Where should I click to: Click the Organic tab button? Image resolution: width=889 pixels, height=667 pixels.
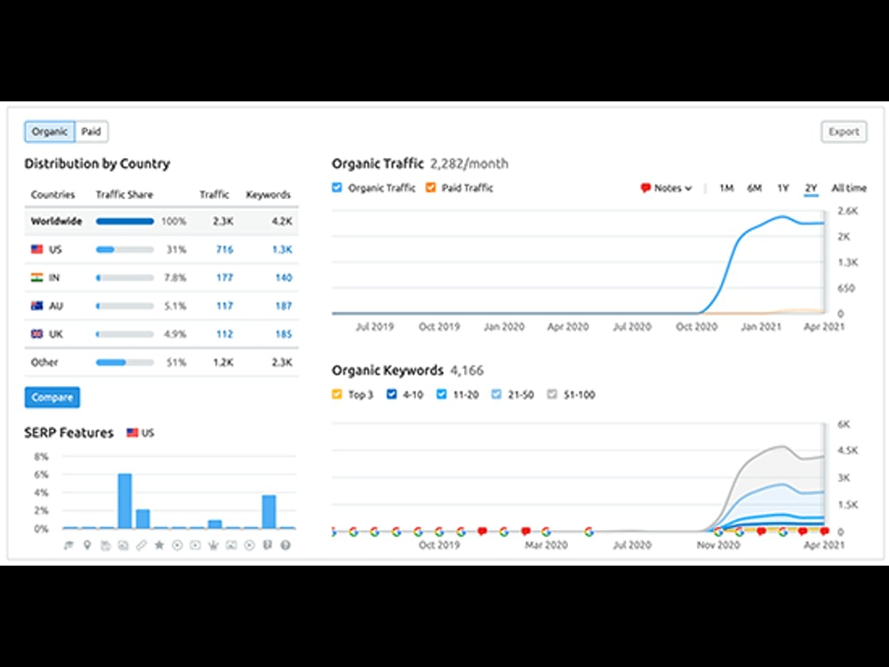click(50, 132)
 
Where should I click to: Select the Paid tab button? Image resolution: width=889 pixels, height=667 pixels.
click(92, 132)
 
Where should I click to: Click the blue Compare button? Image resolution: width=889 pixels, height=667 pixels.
click(52, 397)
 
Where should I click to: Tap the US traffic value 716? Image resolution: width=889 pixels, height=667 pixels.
click(225, 249)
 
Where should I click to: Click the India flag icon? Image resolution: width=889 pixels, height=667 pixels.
click(36, 277)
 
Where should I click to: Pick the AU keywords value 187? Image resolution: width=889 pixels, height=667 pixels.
click(284, 306)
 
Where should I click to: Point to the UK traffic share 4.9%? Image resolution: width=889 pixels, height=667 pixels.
click(175, 334)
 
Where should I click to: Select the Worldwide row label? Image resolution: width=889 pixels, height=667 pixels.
click(56, 221)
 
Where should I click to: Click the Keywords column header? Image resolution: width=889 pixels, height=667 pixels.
click(268, 195)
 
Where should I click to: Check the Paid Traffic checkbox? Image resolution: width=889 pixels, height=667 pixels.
click(431, 188)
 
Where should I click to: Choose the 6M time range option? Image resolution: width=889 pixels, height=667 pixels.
click(754, 188)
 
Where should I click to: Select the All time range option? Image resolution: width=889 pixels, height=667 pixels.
click(849, 188)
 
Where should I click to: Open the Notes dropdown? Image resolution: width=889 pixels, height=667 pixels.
click(666, 188)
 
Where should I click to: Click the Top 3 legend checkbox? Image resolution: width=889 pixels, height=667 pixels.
click(337, 394)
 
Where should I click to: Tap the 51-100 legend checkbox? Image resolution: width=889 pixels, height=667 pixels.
click(552, 394)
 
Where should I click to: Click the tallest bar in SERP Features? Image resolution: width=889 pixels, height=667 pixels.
click(124, 501)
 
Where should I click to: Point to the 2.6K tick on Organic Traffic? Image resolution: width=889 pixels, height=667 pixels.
click(847, 211)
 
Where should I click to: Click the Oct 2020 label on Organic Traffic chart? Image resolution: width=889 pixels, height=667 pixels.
click(696, 326)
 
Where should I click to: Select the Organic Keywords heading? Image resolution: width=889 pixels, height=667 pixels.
click(388, 370)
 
